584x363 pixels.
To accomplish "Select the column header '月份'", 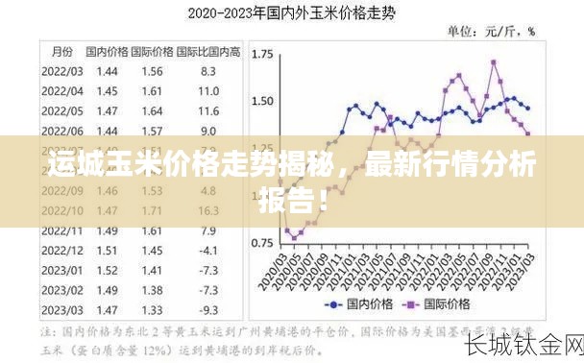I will pos(61,51).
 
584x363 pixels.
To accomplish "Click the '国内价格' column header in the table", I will pos(107,51).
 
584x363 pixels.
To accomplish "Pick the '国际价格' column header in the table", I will pos(152,51).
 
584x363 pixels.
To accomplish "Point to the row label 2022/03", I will pos(61,71).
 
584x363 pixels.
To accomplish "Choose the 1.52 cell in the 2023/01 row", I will pos(107,270).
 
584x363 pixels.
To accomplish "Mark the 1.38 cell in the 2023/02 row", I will pos(152,290).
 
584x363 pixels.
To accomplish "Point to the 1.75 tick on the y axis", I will pos(261,56).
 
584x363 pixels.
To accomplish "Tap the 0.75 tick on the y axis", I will pos(261,243).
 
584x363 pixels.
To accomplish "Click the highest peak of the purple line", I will pos(494,61).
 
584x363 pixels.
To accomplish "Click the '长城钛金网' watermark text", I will pos(523,344).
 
